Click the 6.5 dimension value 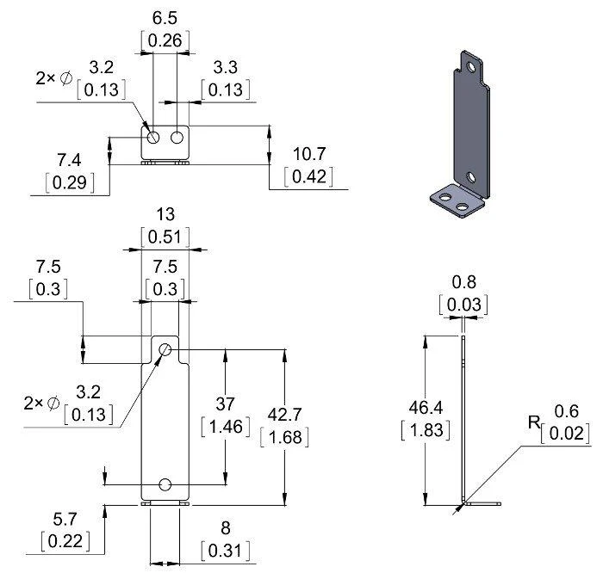tap(165, 18)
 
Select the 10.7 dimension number tap(309, 154)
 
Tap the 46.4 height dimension tap(426, 408)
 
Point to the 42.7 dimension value tap(284, 415)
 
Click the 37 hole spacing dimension tap(225, 404)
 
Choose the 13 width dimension tap(165, 214)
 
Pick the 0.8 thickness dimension tap(463, 282)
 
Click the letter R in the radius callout tap(534, 422)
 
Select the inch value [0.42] tap(308, 176)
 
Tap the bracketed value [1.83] tap(426, 430)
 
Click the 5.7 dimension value tap(65, 520)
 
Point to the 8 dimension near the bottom tap(226, 528)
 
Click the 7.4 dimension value tap(69, 160)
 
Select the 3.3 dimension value tap(226, 68)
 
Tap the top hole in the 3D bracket tap(470, 66)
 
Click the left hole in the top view tap(153, 137)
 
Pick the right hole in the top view tap(177, 137)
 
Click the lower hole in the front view tap(165, 484)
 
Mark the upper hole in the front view tap(165, 349)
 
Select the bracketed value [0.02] tap(565, 434)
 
